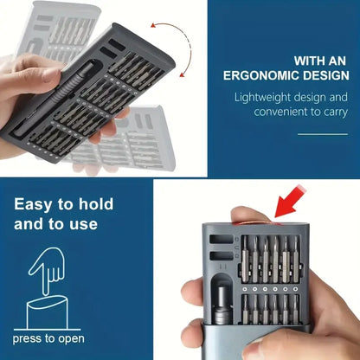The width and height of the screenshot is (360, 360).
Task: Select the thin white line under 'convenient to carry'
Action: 322,134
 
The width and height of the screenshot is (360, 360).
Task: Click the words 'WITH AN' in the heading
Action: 321,60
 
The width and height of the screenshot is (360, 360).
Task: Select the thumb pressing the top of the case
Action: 252,215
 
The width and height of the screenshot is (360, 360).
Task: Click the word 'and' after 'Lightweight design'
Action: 338,98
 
